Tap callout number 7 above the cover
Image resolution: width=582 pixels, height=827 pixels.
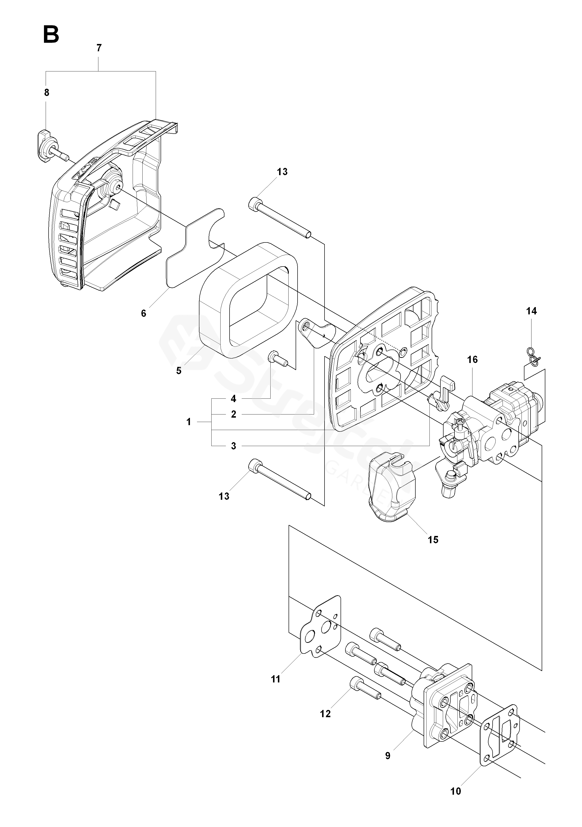tap(99, 48)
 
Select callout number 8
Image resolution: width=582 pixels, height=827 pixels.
tap(46, 93)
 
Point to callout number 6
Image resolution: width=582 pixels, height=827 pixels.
tap(144, 313)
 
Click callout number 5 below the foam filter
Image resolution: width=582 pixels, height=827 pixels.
tap(179, 371)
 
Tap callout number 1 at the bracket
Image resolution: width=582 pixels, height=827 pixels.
tap(189, 422)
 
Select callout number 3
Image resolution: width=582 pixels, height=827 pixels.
tap(233, 446)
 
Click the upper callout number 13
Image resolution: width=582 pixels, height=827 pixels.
tap(282, 172)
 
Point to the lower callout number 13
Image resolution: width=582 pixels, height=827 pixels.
tap(224, 496)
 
